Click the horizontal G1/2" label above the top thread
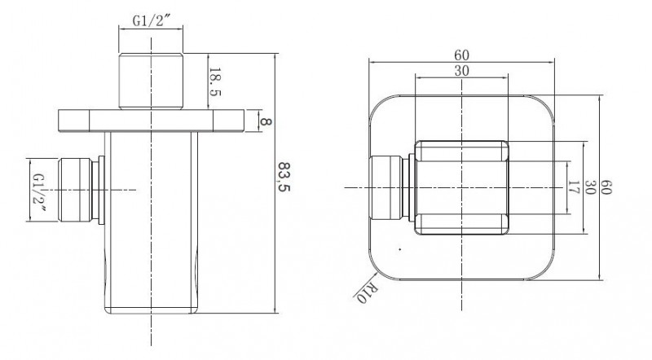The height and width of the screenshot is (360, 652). (x=152, y=21)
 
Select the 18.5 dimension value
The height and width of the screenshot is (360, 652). (x=214, y=82)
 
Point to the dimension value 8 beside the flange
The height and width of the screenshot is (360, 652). (x=266, y=121)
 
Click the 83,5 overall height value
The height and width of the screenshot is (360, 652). (x=284, y=177)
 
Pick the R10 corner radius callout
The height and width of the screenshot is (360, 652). (x=366, y=293)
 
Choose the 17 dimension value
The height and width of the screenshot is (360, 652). (x=574, y=187)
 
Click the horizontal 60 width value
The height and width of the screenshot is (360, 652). (x=461, y=55)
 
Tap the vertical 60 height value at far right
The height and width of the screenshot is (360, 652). (x=606, y=187)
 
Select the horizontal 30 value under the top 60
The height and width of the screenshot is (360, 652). (x=461, y=71)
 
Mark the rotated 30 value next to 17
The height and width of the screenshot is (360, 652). (x=590, y=187)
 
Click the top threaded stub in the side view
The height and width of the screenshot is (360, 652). (x=151, y=81)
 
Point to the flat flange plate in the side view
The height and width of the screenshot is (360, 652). (x=151, y=121)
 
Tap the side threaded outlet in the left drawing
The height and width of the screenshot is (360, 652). (x=75, y=190)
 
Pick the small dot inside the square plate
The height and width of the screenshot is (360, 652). (x=399, y=249)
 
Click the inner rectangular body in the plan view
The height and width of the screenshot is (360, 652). (x=461, y=188)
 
